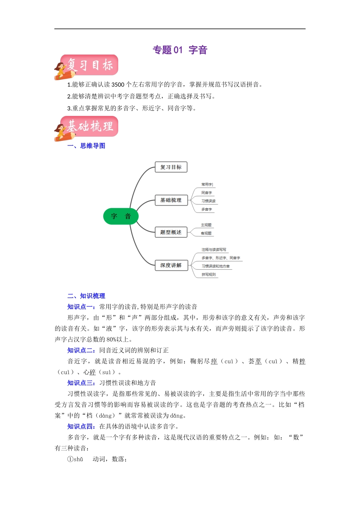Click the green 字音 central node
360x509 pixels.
pos(121,216)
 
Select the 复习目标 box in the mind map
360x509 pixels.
pos(171,167)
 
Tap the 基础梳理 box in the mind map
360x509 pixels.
pos(171,200)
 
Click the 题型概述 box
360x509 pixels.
pos(171,232)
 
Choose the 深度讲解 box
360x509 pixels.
pos(171,265)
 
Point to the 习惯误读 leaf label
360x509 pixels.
pos(208,201)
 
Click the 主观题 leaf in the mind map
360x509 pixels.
pos(206,225)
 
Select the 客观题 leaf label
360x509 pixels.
pos(206,233)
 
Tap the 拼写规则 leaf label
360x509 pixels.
pos(208,275)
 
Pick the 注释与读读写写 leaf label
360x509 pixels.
pos(214,250)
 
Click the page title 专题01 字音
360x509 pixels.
pos(180,50)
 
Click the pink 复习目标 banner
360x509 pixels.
pos(90,65)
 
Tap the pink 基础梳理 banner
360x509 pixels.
pos(90,126)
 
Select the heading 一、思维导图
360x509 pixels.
pos(86,146)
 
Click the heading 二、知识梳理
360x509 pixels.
pos(86,296)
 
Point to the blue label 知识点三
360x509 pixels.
pos(81,383)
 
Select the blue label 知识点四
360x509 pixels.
pos(81,426)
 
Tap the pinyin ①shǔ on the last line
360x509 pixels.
pos(75,459)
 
